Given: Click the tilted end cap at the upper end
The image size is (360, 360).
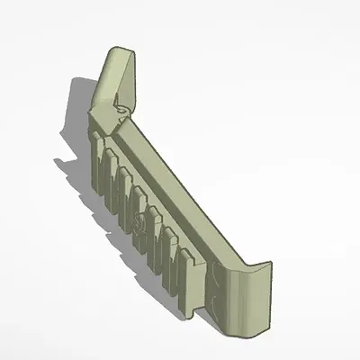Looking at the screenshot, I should click(x=115, y=76).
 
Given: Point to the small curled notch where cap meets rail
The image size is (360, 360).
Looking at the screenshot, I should click(x=121, y=116).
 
